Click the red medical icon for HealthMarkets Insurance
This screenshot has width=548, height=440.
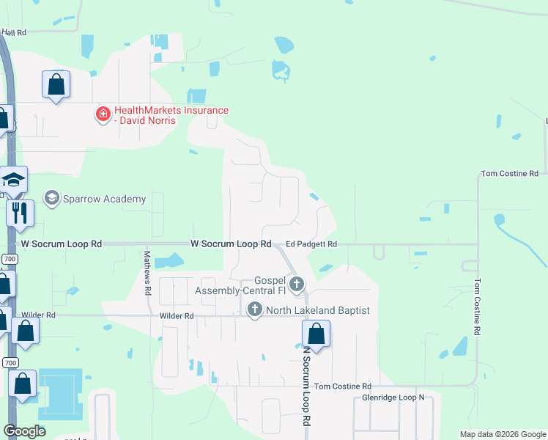point(103,114)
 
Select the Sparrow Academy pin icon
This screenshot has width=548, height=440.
point(51,198)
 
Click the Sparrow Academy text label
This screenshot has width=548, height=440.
point(104,199)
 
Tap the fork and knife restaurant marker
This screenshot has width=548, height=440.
point(20,213)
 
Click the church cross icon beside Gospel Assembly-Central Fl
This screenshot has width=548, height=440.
point(297,284)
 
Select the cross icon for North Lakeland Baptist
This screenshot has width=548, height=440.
point(254,309)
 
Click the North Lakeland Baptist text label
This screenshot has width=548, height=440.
point(319,310)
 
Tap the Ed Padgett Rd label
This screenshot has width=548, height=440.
point(311,244)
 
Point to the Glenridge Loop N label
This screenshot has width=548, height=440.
point(393,397)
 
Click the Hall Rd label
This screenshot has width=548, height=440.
point(14,32)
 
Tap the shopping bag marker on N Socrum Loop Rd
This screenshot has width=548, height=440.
point(316,334)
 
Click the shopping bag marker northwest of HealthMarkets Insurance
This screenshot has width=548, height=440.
point(56,84)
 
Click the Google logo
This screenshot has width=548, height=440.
point(25,431)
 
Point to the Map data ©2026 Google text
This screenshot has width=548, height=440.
point(502,434)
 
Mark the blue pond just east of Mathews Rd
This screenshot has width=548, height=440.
point(169,260)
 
